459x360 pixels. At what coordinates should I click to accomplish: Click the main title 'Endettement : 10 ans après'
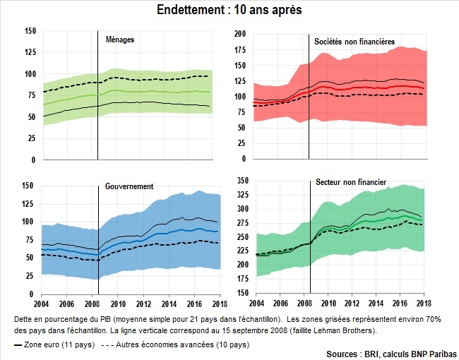tap(229, 11)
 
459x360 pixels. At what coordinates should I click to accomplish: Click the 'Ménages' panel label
tap(119, 40)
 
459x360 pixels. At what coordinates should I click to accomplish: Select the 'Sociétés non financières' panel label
tap(354, 42)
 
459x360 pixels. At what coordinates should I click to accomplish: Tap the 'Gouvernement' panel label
tap(130, 186)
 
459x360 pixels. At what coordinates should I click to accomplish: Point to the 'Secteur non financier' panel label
tap(352, 182)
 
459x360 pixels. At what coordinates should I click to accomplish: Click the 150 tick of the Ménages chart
tap(29, 31)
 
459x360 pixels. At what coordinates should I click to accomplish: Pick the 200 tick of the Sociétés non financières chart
tap(240, 33)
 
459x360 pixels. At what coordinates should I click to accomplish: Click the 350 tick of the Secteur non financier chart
tap(240, 181)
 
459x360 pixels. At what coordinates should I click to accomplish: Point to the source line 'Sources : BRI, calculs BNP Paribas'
tap(392, 353)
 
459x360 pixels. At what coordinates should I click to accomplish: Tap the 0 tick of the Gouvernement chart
tap(33, 293)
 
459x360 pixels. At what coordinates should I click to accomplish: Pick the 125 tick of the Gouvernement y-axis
tap(29, 203)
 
